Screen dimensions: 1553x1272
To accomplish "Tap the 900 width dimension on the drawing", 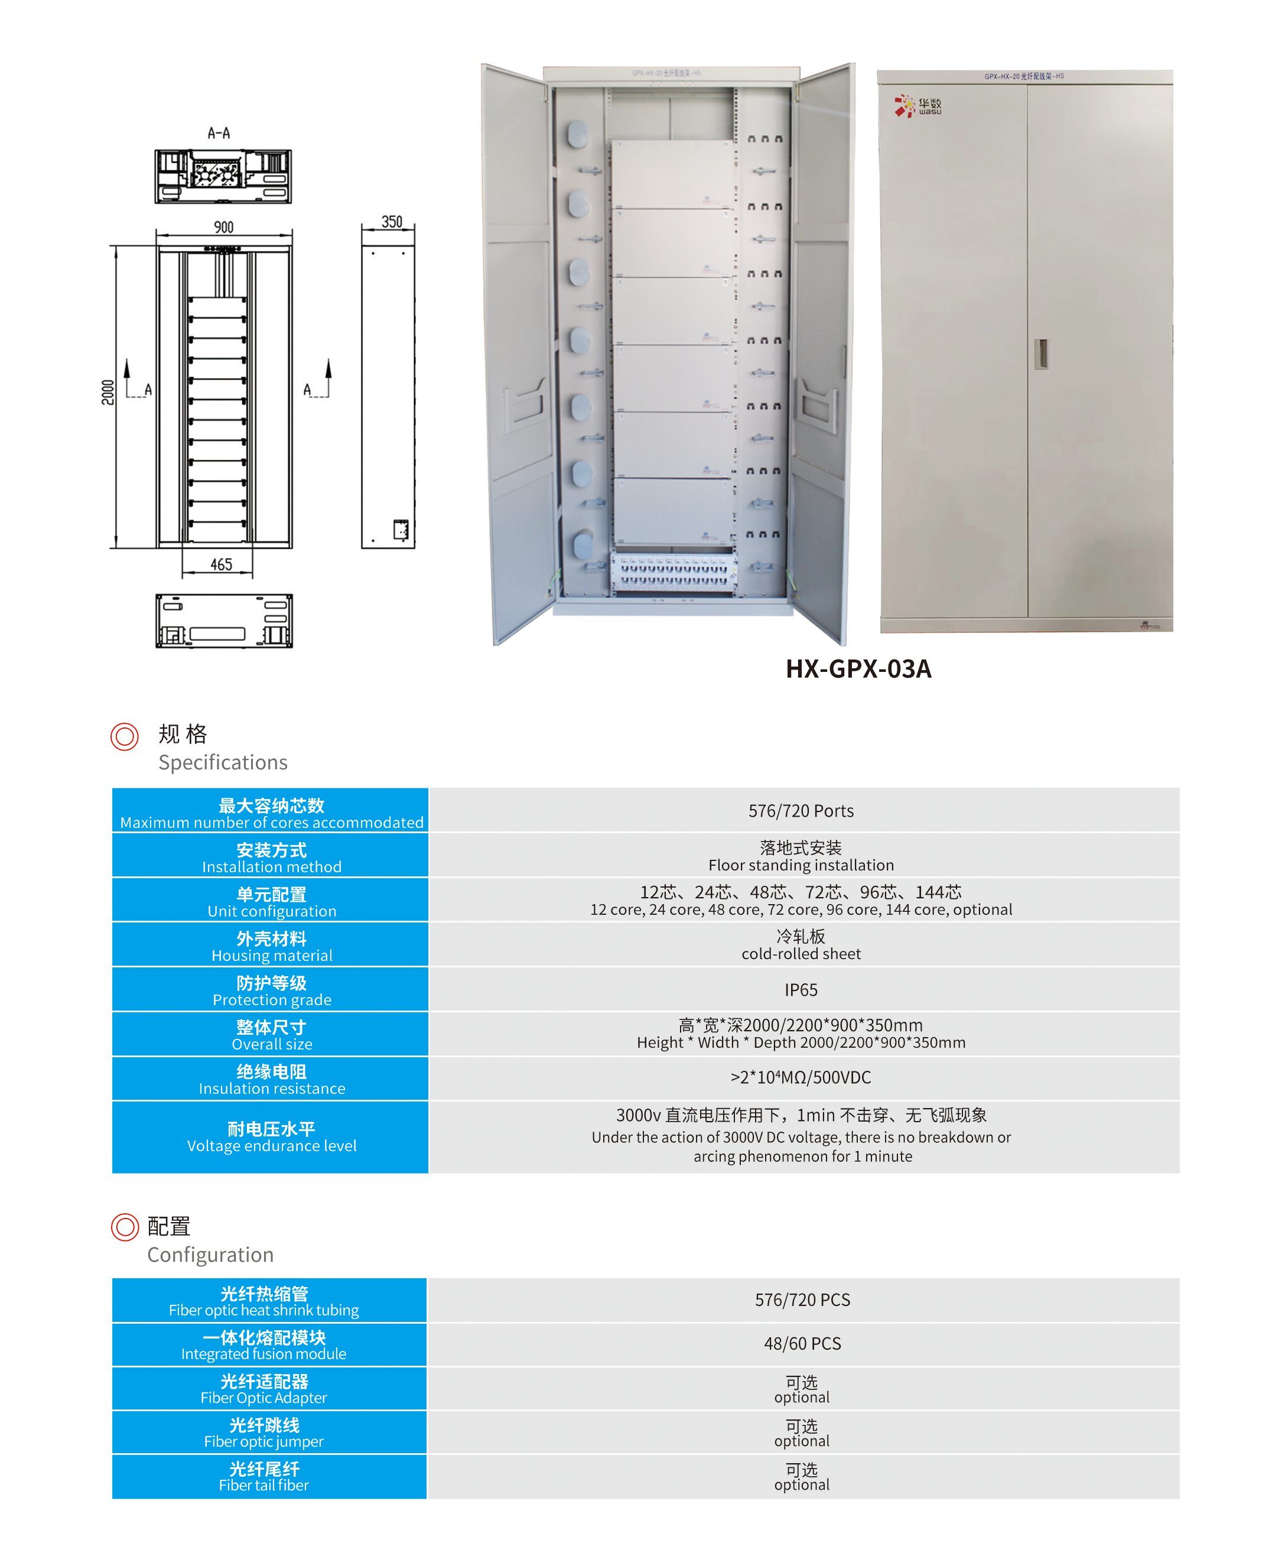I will [223, 227].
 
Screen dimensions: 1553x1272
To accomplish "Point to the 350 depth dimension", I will [391, 222].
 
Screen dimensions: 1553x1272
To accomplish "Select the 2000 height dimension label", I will [108, 392].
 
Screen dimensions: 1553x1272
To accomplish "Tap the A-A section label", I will [219, 132].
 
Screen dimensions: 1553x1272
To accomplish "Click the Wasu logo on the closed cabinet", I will [918, 106].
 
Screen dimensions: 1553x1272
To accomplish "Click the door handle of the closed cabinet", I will [1040, 353].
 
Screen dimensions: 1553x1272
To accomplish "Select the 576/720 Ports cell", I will [801, 811].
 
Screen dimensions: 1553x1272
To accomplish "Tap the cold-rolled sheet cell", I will [801, 945].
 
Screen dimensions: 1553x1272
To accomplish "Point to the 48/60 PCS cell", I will [802, 1343].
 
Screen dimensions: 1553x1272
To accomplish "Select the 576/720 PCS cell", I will [802, 1299].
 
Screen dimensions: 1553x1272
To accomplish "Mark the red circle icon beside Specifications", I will [125, 736].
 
